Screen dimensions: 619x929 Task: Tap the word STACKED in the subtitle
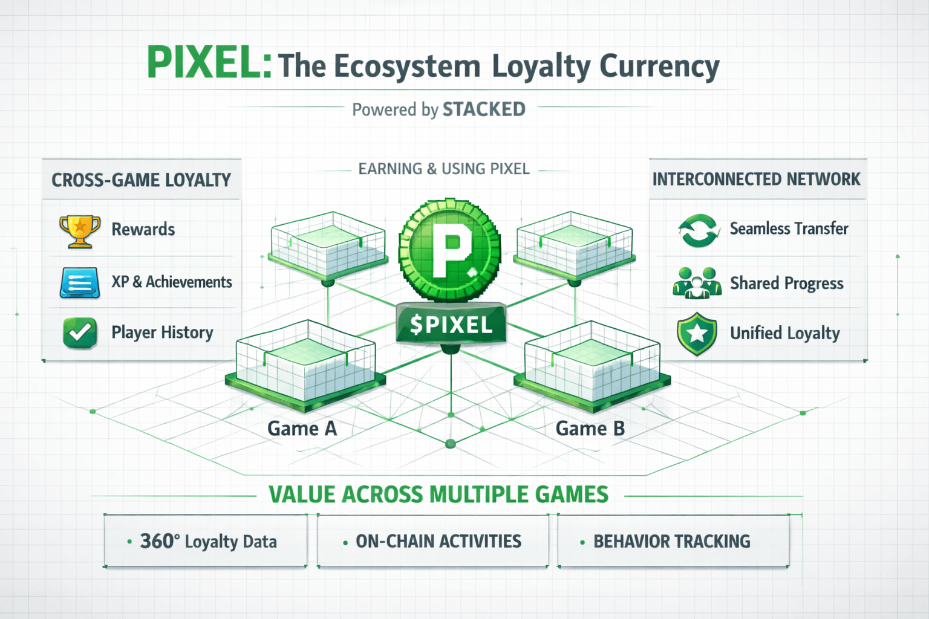484,109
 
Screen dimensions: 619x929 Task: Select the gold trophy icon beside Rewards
80,231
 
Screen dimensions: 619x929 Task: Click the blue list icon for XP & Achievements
80,282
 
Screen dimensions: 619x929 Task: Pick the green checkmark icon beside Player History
80,332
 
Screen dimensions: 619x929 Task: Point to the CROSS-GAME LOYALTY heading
141,180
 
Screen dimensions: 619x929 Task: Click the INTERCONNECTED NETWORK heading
756,180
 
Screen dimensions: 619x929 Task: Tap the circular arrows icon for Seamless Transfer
699,230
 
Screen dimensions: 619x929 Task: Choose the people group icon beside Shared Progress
697,283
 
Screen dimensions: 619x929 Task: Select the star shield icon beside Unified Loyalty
697,333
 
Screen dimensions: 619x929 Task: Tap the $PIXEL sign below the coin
451,325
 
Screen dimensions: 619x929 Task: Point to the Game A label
302,429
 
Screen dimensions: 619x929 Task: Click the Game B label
590,429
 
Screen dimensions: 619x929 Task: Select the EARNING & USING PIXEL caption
444,169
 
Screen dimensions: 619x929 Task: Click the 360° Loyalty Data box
206,541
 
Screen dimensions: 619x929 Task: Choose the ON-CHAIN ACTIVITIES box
433,541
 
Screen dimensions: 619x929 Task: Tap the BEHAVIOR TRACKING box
673,541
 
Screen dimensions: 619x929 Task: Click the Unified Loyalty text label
785,333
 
